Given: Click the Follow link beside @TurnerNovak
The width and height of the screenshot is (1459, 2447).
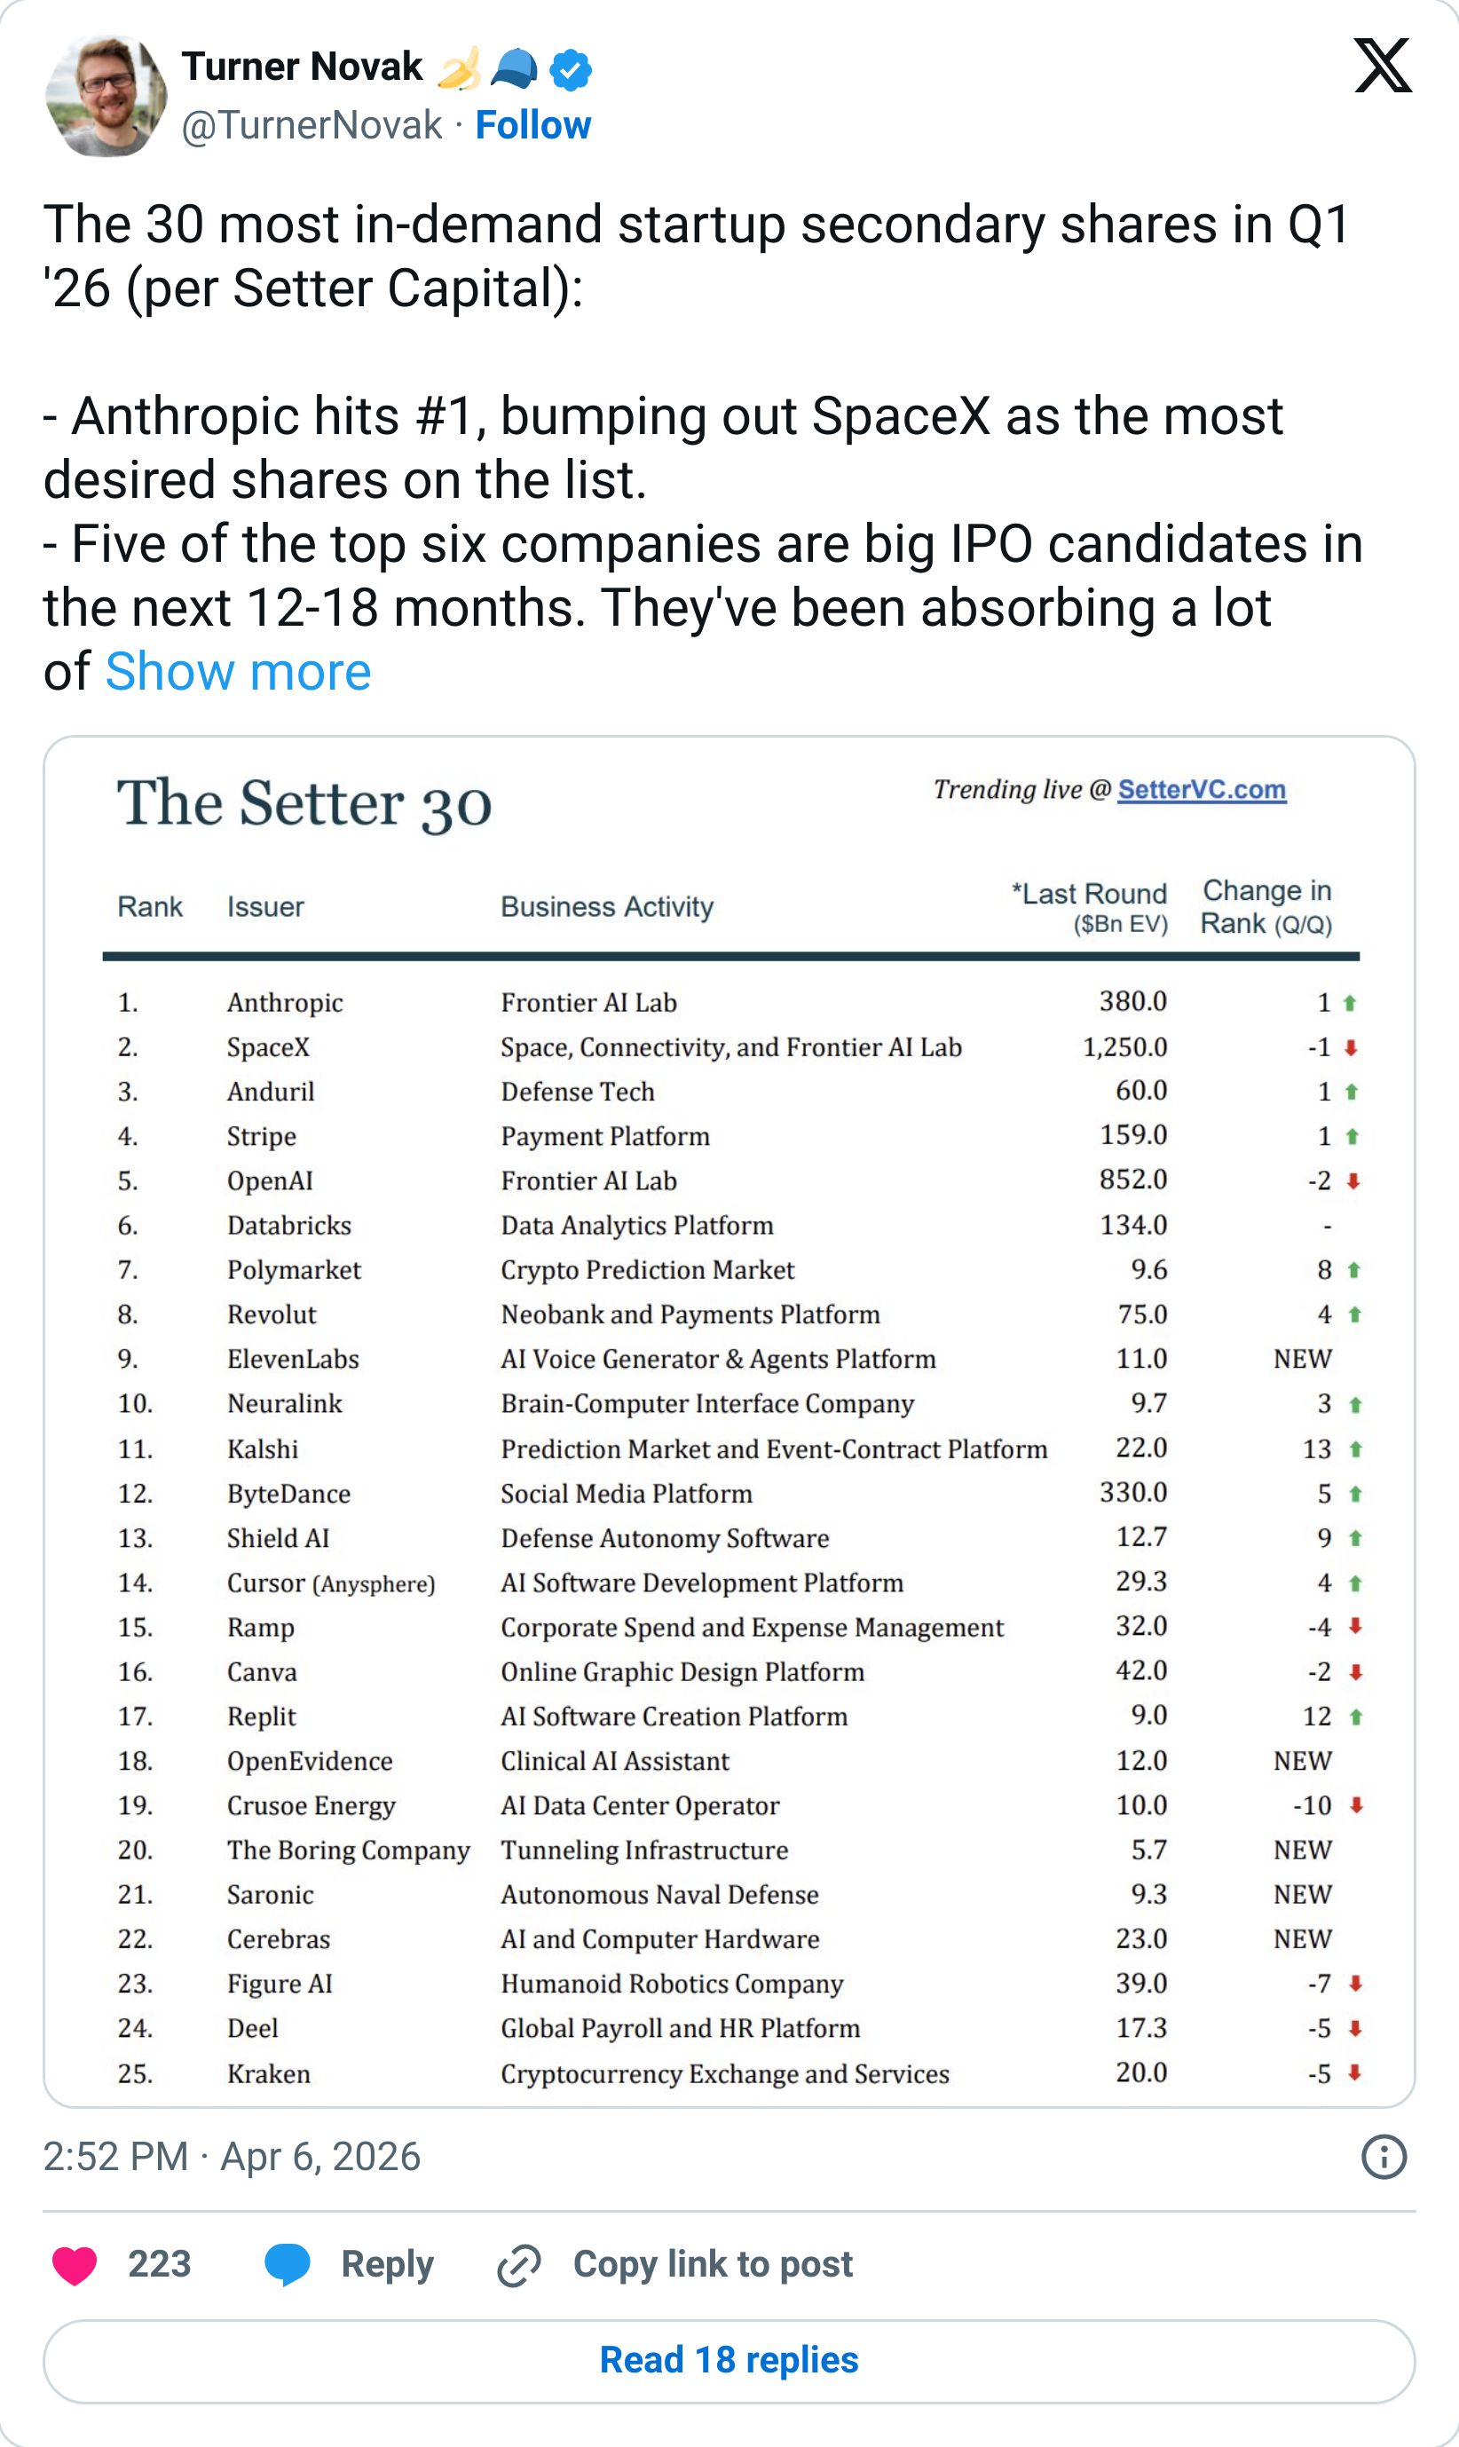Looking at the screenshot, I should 532,125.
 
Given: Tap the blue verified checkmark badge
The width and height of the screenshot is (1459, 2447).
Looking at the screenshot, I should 571,70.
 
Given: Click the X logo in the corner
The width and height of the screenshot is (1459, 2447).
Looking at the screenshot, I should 1383,66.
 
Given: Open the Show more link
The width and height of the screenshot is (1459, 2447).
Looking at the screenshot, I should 238,672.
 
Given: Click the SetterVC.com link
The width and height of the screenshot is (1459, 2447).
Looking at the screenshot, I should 1202,789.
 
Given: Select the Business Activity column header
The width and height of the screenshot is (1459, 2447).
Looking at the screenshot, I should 607,906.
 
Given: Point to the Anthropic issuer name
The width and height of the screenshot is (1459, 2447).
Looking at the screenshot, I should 285,1003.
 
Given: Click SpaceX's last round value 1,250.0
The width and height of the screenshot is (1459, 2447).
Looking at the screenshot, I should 1124,1047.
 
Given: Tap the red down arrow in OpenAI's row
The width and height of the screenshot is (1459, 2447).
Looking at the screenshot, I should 1353,1180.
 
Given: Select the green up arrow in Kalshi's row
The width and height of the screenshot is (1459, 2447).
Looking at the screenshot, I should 1356,1449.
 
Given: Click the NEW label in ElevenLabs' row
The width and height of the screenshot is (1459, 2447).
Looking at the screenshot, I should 1303,1359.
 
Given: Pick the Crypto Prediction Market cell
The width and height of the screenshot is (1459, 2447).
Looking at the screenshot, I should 647,1270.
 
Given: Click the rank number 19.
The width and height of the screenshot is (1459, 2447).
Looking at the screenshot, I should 135,1806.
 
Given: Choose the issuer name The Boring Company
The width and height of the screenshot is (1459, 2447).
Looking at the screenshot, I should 348,1851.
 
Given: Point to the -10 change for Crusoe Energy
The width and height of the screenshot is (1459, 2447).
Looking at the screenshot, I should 1312,1806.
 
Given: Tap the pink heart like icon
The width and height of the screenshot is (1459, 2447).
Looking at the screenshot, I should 75,2265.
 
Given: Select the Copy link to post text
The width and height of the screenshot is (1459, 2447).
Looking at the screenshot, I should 713,2264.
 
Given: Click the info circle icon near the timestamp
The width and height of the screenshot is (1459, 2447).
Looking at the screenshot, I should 1384,2157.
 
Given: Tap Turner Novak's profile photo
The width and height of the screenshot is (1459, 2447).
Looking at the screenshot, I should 106,97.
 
